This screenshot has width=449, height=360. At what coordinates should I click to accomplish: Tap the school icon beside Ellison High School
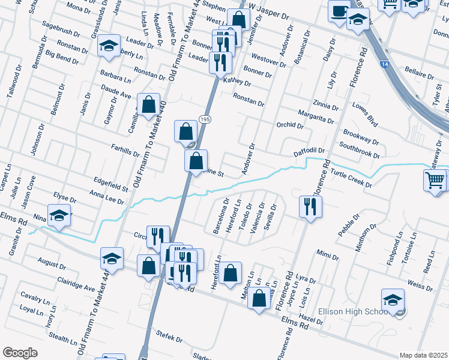coord(393,299)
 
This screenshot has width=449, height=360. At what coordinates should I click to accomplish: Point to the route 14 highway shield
coord(384,63)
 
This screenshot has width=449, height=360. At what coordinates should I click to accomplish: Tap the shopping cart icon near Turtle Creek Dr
coord(435,179)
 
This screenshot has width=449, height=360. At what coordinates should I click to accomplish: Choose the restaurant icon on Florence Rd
coord(310,207)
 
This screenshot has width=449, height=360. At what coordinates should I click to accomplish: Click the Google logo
coord(20,353)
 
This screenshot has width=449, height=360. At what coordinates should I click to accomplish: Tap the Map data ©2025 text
coord(423,355)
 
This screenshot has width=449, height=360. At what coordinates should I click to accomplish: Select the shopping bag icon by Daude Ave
coord(148,104)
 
